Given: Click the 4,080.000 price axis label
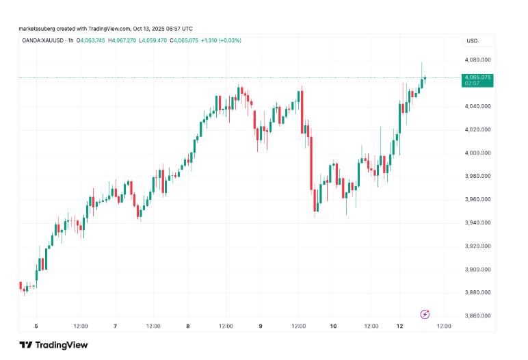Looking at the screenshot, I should tap(477, 60).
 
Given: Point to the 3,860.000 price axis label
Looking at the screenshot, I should tap(477, 316).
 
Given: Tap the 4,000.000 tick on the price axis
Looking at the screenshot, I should tap(477, 153).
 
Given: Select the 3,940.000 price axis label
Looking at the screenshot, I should tap(477, 223).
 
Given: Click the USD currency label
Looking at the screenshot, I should tap(472, 41).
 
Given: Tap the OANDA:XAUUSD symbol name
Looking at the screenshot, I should tap(42, 40).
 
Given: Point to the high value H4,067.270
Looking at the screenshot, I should tap(123, 40).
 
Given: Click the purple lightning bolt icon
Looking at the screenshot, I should tap(424, 314).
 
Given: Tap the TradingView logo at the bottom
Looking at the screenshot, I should tap(53, 345).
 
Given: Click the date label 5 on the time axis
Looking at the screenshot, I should tap(36, 326).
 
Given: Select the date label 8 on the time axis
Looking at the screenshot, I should tap(187, 326).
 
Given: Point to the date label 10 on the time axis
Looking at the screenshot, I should tap(332, 326).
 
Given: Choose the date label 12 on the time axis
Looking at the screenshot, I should tap(405, 326).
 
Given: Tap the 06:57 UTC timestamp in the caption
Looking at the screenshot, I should tap(179, 28).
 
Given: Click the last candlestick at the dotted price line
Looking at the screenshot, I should tap(425, 78).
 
